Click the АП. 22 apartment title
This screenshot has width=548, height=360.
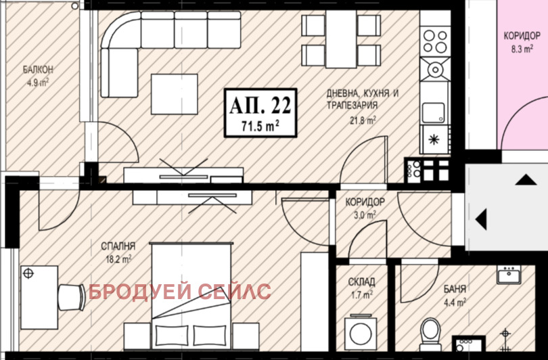coord(260,106)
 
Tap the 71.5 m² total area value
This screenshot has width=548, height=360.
coord(260,126)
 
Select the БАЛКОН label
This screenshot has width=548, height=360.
coord(38,70)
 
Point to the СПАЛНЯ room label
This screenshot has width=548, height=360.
coord(118,246)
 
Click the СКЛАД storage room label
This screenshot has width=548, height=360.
coord(362,282)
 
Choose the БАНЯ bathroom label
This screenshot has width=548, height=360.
coord(455,289)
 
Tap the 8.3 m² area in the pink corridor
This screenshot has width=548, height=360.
coord(522,49)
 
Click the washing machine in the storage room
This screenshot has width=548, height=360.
coord(361,332)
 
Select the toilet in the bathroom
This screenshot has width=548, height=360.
coord(430,334)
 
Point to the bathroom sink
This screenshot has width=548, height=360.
coord(509,274)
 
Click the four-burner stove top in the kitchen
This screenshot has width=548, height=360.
coord(435,41)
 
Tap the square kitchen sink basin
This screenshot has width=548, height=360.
coord(434,112)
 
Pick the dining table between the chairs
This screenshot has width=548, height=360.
coord(341,39)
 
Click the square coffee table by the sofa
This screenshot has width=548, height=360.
coord(175,94)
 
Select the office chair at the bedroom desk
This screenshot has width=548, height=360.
coord(71,297)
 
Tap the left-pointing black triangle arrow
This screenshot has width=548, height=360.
coord(481,219)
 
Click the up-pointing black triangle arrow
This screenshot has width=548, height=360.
coord(526,179)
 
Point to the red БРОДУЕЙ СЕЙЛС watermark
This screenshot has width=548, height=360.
coord(179,292)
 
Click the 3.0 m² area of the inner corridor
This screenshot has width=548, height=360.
coord(365,215)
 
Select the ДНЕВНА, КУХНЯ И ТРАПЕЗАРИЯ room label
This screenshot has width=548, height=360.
coord(363,99)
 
